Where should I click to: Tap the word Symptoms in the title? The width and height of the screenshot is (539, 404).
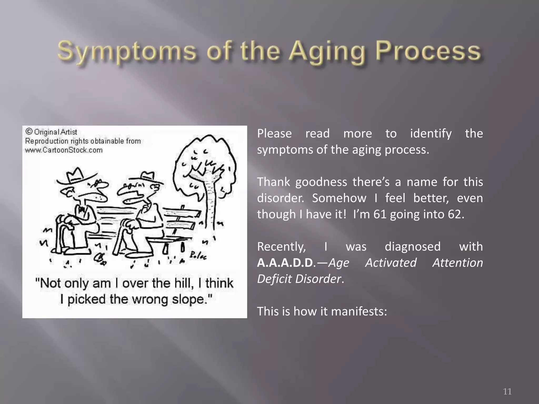(x=127, y=51)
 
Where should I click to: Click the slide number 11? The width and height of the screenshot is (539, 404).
(x=507, y=391)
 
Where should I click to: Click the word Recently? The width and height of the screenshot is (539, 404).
(x=281, y=247)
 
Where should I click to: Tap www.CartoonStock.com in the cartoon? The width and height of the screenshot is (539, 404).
(x=64, y=150)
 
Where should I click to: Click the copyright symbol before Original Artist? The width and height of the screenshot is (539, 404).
(x=29, y=132)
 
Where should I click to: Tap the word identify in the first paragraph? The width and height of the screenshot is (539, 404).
(x=431, y=134)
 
